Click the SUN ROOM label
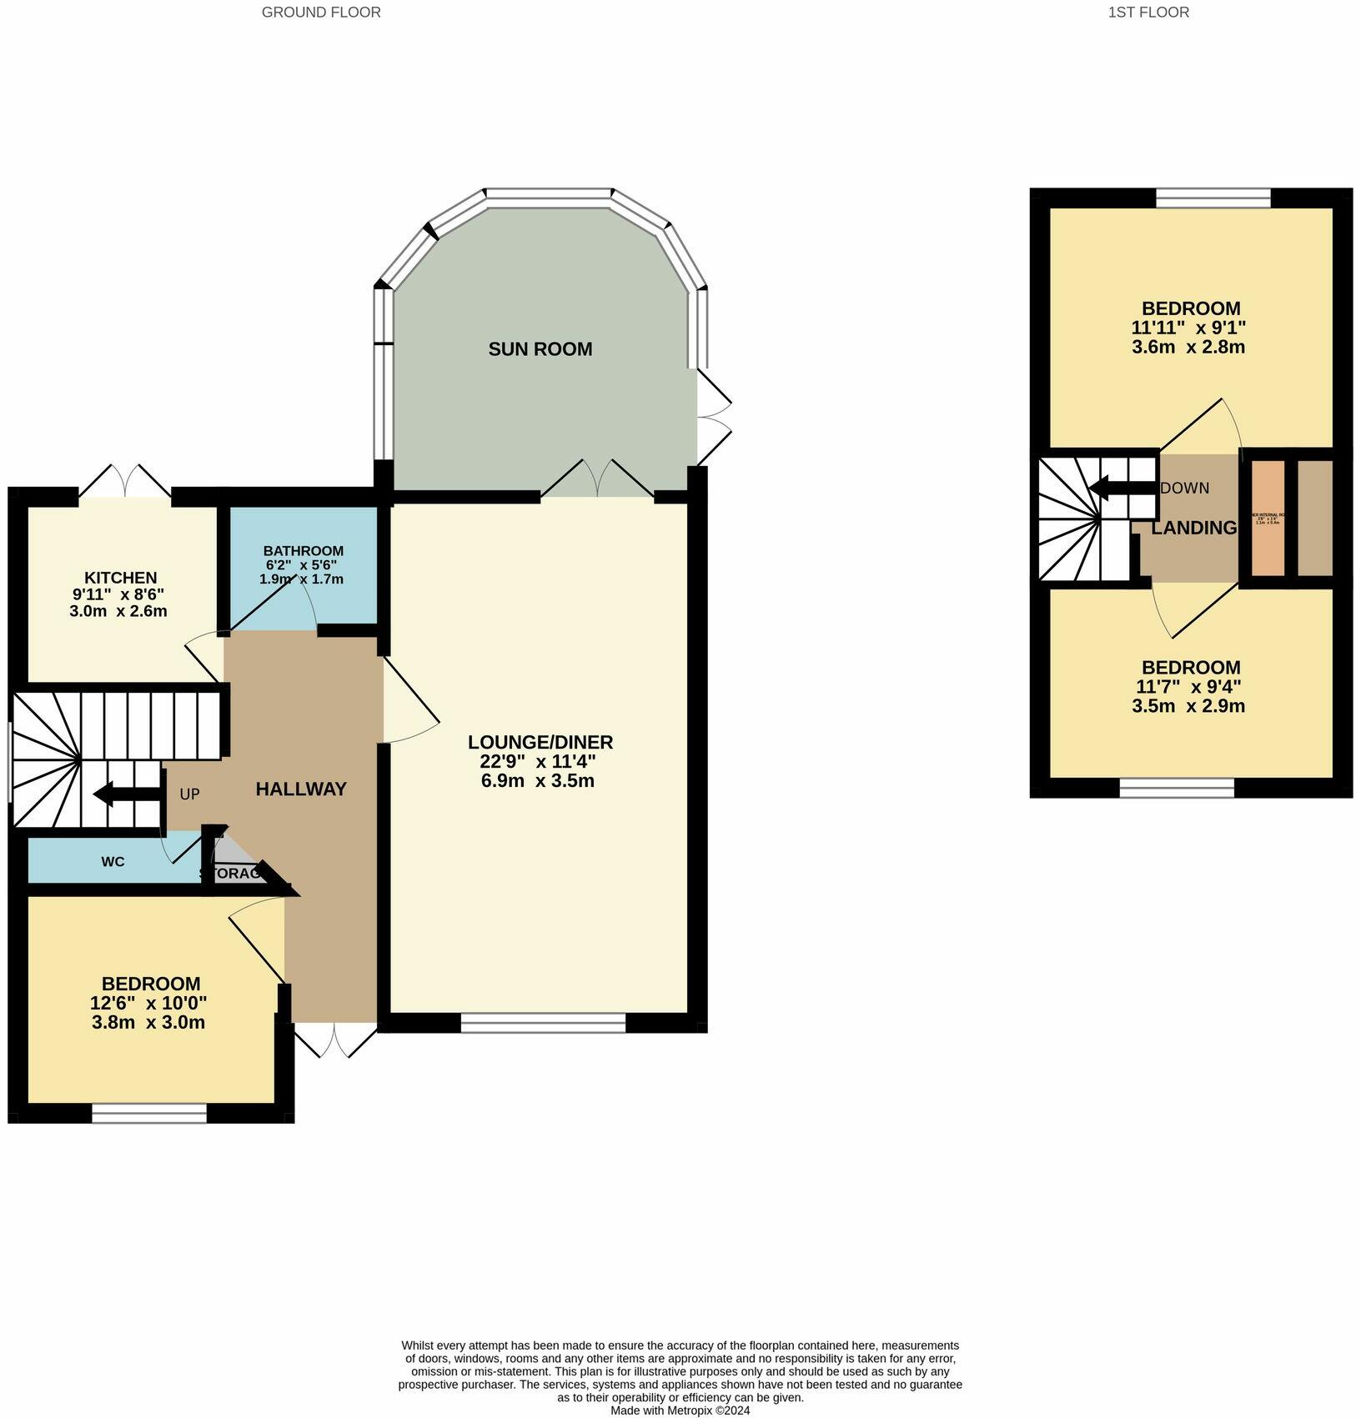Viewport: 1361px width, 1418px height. point(540,349)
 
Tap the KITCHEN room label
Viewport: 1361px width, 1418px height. point(120,578)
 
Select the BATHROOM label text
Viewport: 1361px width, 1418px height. point(303,551)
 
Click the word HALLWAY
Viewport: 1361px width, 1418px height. point(300,789)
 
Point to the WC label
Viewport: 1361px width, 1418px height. point(113,862)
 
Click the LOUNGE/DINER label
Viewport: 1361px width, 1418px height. point(540,742)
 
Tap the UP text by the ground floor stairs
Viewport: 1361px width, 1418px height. point(189,794)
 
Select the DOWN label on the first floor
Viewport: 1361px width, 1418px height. point(1184,489)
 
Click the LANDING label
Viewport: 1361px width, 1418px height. point(1193,528)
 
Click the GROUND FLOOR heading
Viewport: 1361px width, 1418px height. point(321,13)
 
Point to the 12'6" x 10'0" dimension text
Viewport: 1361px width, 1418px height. point(148,1003)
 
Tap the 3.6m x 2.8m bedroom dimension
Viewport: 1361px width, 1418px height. point(1188,348)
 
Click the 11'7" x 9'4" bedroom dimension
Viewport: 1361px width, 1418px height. point(1188,687)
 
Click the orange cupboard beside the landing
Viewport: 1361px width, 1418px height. point(1268,518)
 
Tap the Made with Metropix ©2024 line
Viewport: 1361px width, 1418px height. point(680,1410)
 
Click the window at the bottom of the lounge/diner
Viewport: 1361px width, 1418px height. point(543,1023)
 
